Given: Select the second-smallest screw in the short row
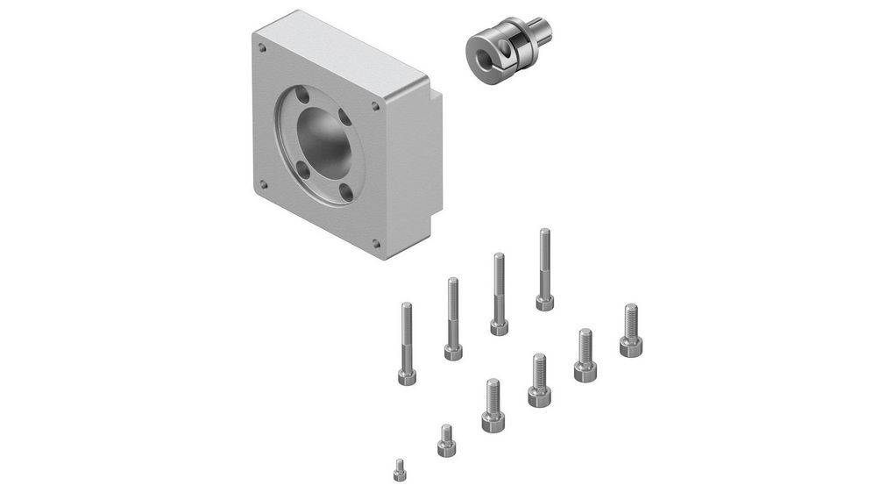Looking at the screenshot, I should [445, 440].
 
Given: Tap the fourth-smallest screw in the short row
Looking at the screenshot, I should [539, 381].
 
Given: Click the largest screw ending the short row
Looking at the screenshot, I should [630, 330].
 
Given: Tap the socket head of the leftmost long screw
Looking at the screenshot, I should [407, 376].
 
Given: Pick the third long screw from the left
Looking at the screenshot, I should [499, 294].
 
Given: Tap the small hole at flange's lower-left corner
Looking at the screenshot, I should [262, 184].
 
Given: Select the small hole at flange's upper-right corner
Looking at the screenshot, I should [376, 107].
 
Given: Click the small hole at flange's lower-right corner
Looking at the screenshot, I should [376, 243].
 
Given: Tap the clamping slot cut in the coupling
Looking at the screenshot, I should [500, 45].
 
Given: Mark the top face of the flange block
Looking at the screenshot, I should [346, 53].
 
